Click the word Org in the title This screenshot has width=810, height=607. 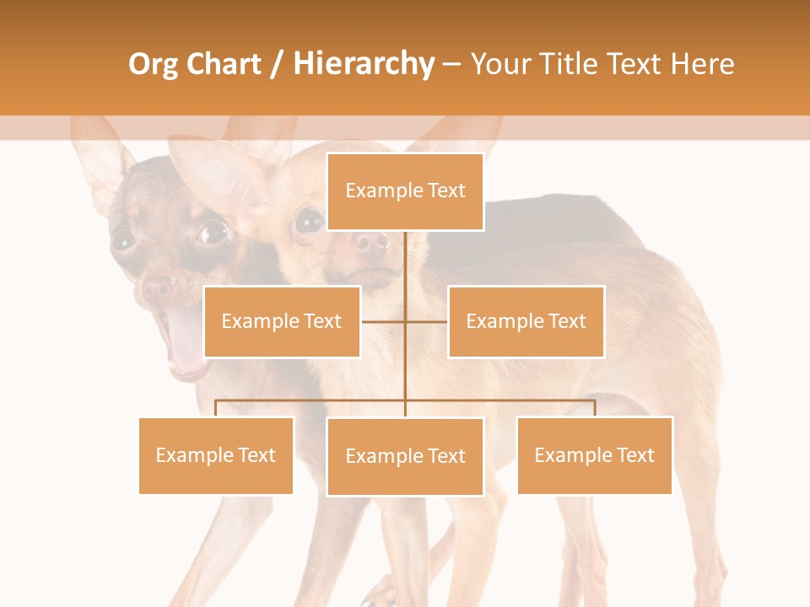coord(154,64)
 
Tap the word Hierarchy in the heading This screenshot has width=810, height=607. coord(363,64)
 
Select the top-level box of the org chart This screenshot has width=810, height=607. coord(405,191)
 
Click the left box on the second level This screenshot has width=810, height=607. coord(282,321)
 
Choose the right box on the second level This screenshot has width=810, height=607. coord(526,321)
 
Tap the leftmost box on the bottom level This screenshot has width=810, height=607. coord(216,455)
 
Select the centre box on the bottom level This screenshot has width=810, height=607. coord(405,456)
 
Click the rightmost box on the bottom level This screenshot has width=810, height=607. coord(594,455)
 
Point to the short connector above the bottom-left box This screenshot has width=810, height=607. coord(216,408)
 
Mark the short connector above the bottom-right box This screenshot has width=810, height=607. coord(594,408)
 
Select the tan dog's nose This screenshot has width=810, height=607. coord(369,244)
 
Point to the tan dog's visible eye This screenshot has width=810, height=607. coord(308,221)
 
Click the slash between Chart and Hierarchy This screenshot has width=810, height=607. coord(277,64)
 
